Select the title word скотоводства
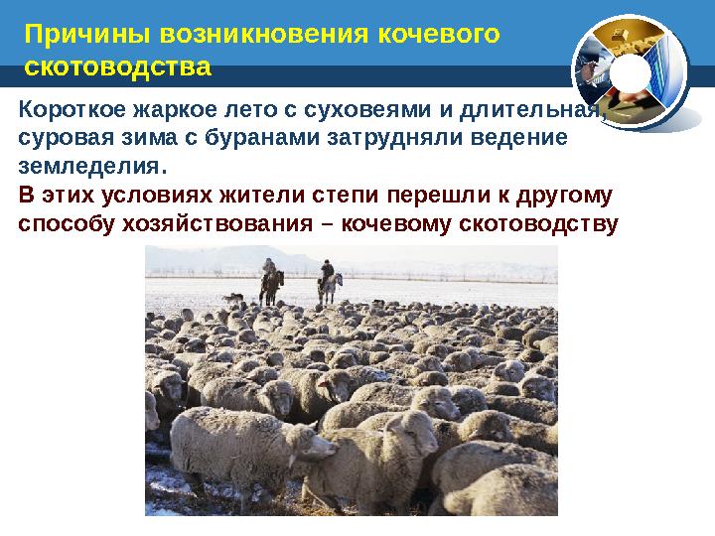coord(117,68)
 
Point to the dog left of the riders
coord(232,297)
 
